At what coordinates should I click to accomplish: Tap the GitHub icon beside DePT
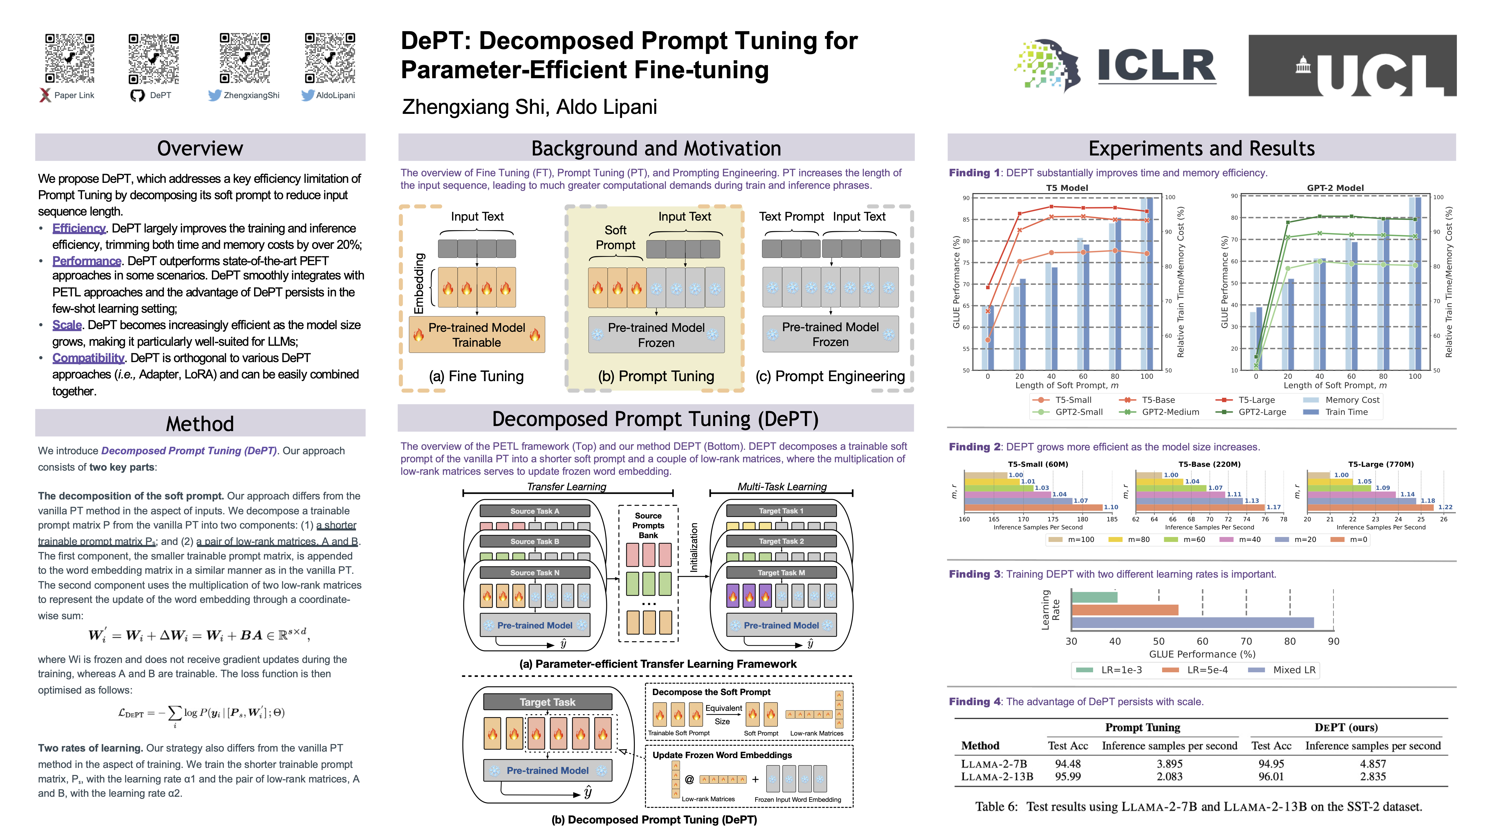point(137,95)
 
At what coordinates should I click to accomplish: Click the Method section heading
point(200,424)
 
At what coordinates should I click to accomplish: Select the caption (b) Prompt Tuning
point(656,376)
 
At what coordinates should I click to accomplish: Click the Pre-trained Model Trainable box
point(476,335)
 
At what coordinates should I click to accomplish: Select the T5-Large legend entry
point(1256,400)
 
